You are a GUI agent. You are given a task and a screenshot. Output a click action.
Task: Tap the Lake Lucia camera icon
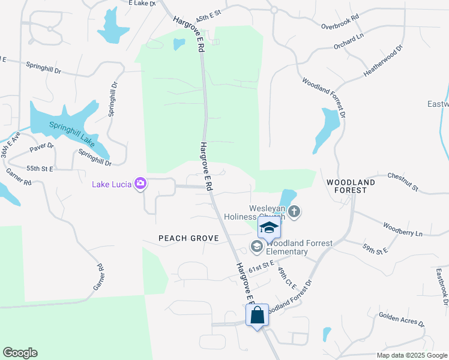[x=141, y=184]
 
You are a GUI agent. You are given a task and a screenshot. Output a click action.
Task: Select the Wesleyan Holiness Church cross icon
[x=294, y=211]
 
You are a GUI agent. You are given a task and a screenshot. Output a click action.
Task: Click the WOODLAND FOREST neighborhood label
[x=351, y=185]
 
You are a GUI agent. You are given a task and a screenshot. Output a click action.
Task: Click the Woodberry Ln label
[x=403, y=229]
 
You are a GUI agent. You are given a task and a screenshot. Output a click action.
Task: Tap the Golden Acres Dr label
[x=401, y=319]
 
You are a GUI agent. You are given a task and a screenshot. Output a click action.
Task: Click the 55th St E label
[x=40, y=169]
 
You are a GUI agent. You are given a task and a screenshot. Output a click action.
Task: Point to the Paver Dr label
[x=41, y=146]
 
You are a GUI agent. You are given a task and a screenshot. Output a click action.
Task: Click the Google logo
[x=20, y=353]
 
